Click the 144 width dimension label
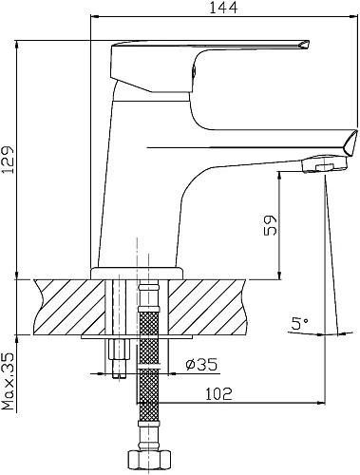(x=223, y=8)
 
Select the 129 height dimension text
(x=8, y=161)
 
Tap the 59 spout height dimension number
(x=270, y=225)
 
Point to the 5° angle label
(x=300, y=323)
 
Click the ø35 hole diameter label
(x=201, y=365)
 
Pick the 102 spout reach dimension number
(x=219, y=394)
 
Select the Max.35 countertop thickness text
(x=9, y=381)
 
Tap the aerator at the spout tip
(x=325, y=163)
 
